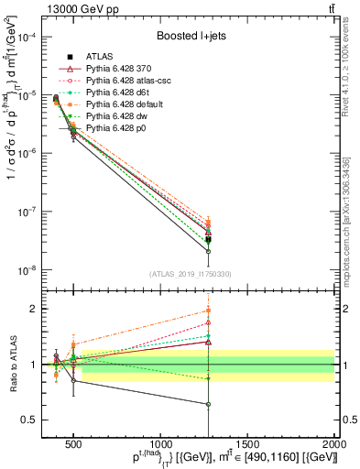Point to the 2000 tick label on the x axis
click(x=334, y=442)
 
